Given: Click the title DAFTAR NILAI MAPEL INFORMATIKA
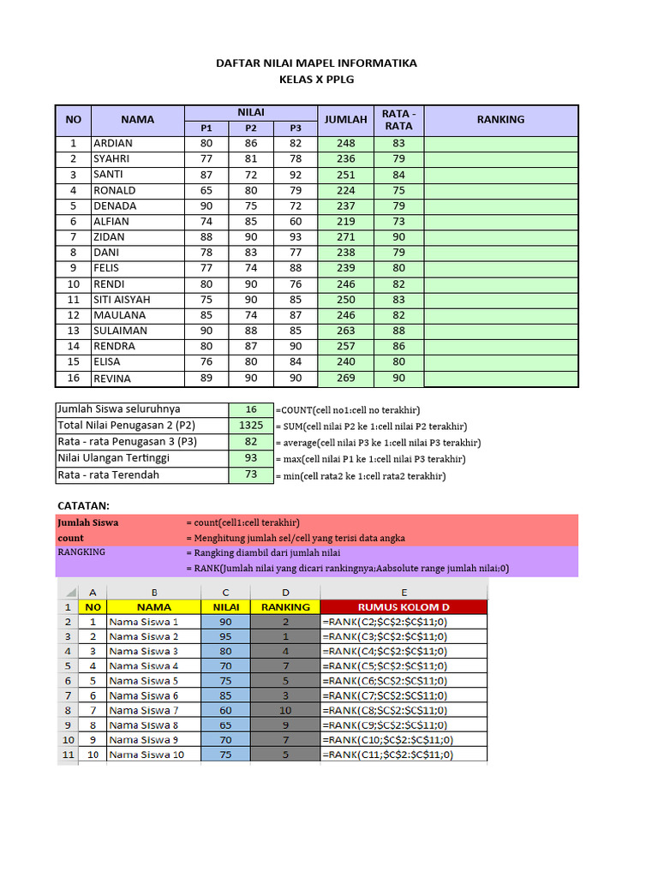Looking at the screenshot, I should click(316, 63).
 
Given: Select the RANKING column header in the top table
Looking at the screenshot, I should click(500, 120).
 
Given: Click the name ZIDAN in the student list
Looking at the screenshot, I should click(109, 237).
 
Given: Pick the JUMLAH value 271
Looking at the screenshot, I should click(345, 237).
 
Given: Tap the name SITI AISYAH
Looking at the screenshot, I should click(122, 300).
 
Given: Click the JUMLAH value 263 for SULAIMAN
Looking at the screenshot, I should click(345, 331).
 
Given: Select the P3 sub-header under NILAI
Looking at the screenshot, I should click(296, 128).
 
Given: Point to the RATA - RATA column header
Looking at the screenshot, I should click(398, 120).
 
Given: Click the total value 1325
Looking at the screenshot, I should click(251, 426).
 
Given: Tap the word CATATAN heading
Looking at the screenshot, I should click(83, 506).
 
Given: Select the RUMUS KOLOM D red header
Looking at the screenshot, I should click(403, 607).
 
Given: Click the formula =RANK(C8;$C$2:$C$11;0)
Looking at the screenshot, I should click(385, 710).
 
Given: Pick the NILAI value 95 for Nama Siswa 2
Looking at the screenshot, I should click(225, 636).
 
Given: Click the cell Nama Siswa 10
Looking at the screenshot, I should click(147, 755).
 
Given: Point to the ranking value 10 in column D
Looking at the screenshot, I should click(285, 710).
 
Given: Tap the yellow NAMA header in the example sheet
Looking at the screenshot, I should click(154, 607).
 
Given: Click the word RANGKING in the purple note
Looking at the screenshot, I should click(81, 552).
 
